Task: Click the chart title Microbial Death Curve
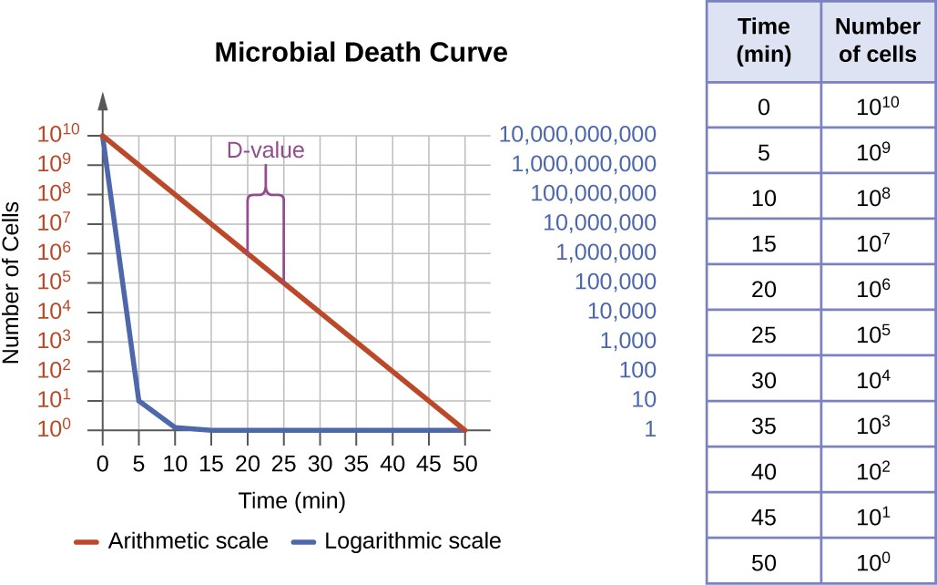pyautogui.click(x=361, y=53)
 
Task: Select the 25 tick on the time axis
pyautogui.click(x=283, y=463)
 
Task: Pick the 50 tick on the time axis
pyautogui.click(x=465, y=463)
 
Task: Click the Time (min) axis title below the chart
pyautogui.click(x=292, y=500)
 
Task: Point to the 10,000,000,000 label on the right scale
pyautogui.click(x=577, y=136)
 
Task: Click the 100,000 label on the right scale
pyautogui.click(x=615, y=282)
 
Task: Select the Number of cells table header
pyautogui.click(x=877, y=41)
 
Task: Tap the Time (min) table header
pyautogui.click(x=763, y=41)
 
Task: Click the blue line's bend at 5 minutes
pyautogui.click(x=138, y=401)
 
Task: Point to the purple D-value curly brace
pyautogui.click(x=265, y=191)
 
